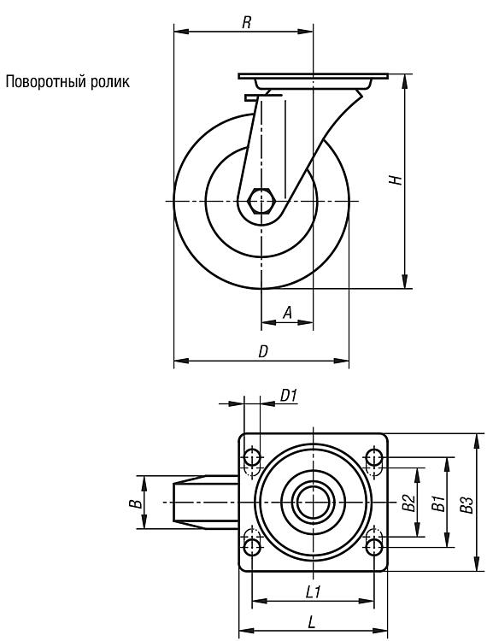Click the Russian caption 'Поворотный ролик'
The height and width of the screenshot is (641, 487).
pos(67,82)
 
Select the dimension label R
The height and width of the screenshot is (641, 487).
pos(246,22)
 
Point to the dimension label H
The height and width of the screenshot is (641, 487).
pos(396,180)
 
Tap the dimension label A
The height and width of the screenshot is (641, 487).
pos(288,313)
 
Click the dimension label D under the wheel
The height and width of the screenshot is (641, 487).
pos(263,351)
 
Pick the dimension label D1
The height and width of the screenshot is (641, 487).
pos(289,396)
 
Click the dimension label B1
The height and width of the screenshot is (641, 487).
pos(438,503)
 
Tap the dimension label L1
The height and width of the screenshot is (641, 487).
pos(313,591)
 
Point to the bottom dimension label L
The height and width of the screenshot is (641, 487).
pos(312,622)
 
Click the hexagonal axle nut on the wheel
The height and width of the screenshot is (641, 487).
pos(261,201)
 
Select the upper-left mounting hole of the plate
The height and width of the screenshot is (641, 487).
pos(252,457)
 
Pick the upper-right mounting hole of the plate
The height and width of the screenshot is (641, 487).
pos(374,457)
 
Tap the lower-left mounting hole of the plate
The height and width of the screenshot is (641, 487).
pos(252,546)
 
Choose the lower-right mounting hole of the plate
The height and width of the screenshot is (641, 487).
pos(374,546)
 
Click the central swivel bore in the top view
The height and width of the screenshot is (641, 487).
pos(313,502)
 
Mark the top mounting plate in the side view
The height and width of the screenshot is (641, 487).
pos(313,76)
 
